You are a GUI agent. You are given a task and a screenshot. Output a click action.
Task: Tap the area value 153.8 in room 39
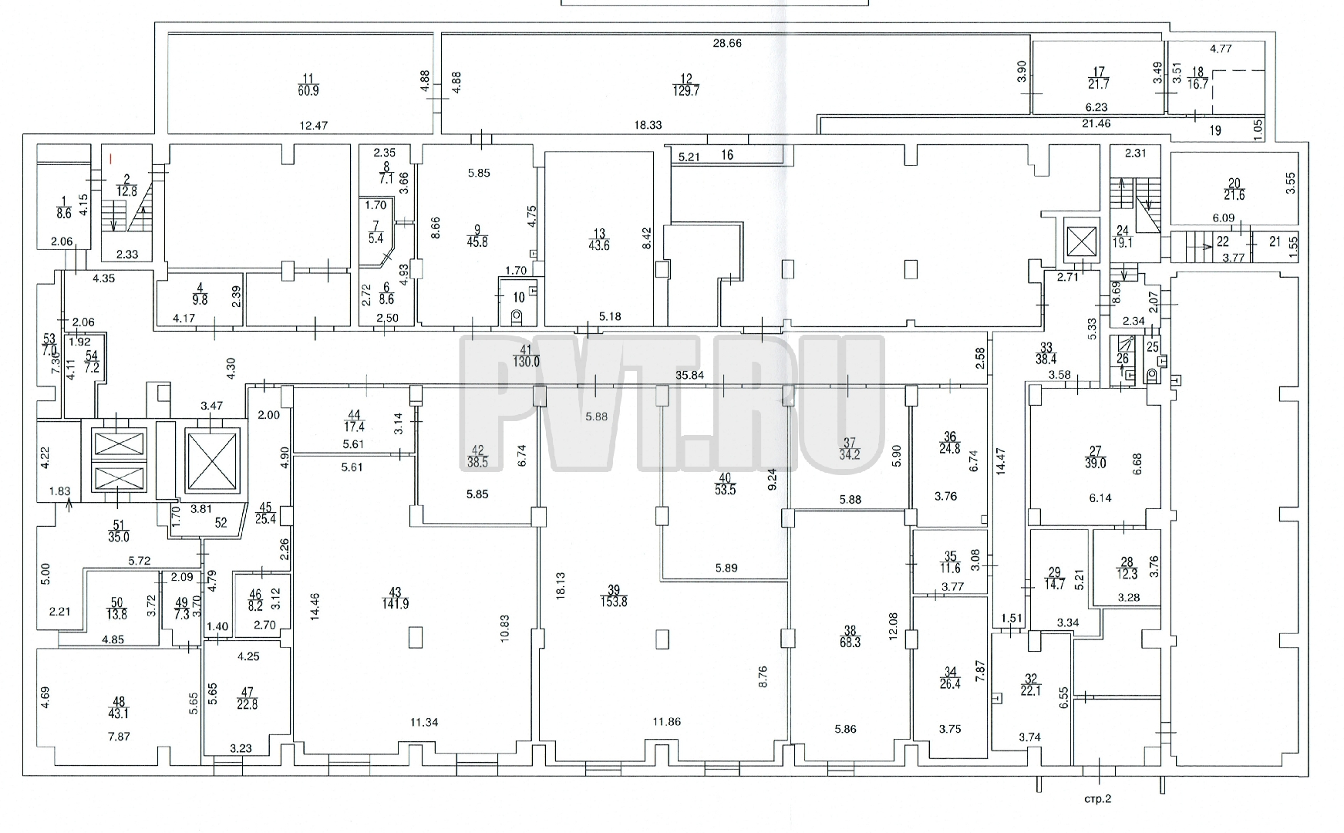click(x=615, y=602)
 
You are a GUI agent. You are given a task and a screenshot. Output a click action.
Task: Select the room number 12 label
click(x=686, y=79)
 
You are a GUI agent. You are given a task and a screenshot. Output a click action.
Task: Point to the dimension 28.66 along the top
click(x=727, y=43)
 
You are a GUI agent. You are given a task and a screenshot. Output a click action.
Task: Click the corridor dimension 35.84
click(x=690, y=376)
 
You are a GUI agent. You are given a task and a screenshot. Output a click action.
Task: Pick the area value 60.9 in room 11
click(x=308, y=90)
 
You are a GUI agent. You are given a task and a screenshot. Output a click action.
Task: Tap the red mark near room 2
click(x=110, y=158)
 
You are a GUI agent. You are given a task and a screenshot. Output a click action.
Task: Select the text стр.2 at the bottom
click(x=1097, y=800)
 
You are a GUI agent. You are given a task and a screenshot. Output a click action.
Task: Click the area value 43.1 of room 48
click(x=119, y=713)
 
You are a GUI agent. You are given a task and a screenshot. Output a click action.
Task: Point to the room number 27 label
click(x=1095, y=451)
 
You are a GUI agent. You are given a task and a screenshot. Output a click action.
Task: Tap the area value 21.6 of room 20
click(x=1235, y=195)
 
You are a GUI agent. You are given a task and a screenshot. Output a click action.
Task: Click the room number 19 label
click(x=1215, y=131)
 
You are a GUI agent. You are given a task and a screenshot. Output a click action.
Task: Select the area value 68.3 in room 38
click(x=850, y=642)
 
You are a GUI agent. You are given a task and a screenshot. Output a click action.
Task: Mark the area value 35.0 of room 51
click(x=119, y=538)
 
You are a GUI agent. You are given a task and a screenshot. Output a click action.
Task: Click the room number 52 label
click(x=222, y=522)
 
